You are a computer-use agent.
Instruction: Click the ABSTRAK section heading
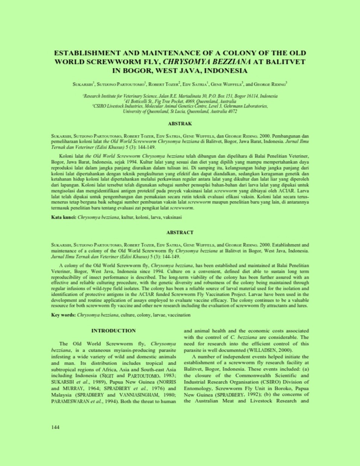click(x=180, y=123)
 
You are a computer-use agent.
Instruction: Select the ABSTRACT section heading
click(x=180, y=233)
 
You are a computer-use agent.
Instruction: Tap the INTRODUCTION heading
click(x=113, y=331)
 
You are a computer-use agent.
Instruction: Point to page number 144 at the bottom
click(x=55, y=427)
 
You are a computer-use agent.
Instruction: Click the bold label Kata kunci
click(x=64, y=217)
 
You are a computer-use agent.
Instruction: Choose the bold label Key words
click(x=63, y=315)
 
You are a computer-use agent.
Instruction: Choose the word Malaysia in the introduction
click(x=61, y=395)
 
